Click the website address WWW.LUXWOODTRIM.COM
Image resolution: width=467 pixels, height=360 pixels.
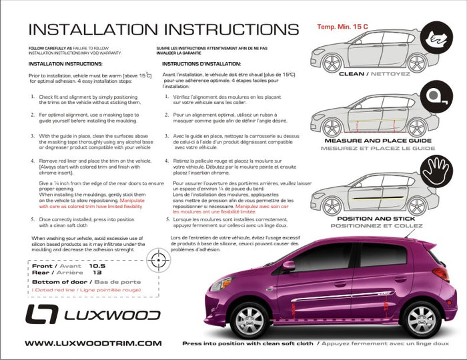point(93,343)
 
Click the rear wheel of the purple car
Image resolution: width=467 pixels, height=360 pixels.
point(421,319)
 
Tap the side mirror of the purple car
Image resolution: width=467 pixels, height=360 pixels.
point(289,265)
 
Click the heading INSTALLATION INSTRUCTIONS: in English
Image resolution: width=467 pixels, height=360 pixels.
point(65,64)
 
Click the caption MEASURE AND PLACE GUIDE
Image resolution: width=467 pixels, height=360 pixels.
point(379,141)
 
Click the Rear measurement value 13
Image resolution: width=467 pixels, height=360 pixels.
point(97,272)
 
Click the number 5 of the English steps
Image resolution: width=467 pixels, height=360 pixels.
point(33,218)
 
